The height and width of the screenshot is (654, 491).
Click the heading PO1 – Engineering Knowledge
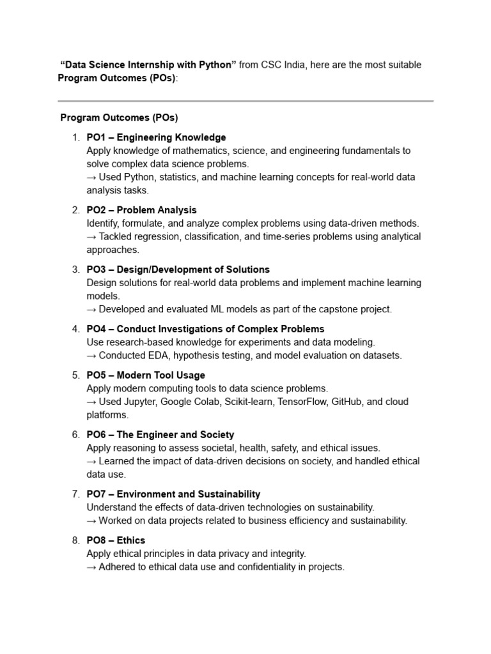(156, 137)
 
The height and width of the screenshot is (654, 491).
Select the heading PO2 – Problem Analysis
(141, 210)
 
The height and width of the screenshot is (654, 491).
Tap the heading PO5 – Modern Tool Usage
(146, 375)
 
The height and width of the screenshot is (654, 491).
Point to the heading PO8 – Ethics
(116, 540)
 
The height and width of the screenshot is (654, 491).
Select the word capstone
(329, 309)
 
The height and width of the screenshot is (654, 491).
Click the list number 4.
(75, 329)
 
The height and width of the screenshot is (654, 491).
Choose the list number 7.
(75, 494)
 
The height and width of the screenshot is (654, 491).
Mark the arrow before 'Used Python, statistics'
(91, 177)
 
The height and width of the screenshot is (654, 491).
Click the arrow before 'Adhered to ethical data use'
(91, 567)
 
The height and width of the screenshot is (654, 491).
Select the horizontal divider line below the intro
(245, 101)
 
